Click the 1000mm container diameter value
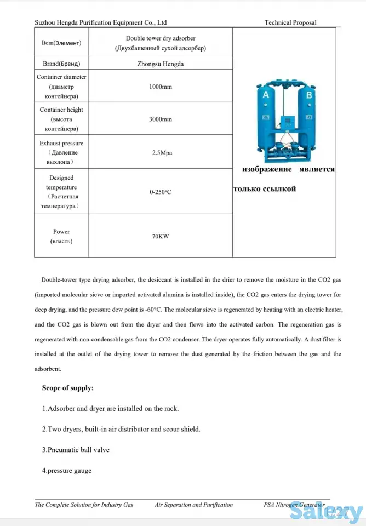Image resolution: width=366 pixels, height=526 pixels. point(161,87)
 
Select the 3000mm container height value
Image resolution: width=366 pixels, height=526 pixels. point(161,119)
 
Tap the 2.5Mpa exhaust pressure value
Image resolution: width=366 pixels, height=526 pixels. point(162,153)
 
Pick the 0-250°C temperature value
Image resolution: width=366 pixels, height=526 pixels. point(161,192)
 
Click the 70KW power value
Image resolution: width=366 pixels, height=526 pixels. point(161,237)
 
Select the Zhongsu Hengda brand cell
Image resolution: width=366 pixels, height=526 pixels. point(161,64)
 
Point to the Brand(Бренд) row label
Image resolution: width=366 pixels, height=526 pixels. point(61,64)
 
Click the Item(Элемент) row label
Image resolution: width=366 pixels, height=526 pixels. point(61,42)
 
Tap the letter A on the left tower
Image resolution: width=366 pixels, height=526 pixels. point(266,95)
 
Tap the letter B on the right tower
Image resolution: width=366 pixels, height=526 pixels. point(308,95)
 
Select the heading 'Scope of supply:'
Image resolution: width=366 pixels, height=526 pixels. point(68,388)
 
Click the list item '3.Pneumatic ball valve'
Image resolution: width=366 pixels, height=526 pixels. point(76,450)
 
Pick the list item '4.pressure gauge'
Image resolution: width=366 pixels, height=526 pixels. point(67,470)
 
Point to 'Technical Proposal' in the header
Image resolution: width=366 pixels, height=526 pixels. point(290,22)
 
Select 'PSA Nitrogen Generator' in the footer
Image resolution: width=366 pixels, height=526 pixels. point(294,505)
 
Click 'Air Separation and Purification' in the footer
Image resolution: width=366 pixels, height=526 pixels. point(193,505)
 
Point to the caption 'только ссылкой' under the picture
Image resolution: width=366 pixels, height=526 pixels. point(265,189)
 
